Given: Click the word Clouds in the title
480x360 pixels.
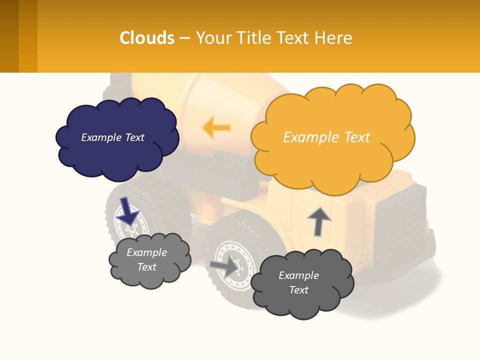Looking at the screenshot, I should tap(147, 37).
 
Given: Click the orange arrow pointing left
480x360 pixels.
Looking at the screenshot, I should tap(216, 127).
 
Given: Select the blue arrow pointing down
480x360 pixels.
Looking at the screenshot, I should tap(127, 210).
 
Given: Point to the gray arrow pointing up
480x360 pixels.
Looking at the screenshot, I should tap(318, 221).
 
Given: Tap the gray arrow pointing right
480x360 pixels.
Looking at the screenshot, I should tap(224, 266).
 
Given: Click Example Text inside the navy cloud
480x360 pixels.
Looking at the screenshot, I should tap(112, 137).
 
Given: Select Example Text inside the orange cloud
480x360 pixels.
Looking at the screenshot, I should tap(326, 137).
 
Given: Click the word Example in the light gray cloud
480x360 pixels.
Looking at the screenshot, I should tap(146, 252).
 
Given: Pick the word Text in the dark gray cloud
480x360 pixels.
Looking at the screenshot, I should tap(298, 290).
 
